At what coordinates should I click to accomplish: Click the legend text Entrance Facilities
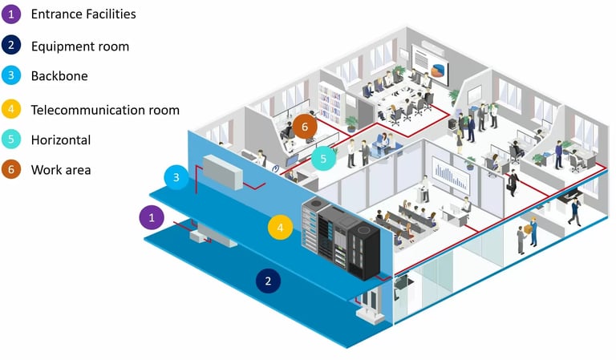[x=83, y=14]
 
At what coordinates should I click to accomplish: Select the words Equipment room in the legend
[x=80, y=46]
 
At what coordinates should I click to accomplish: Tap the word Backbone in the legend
[x=59, y=76]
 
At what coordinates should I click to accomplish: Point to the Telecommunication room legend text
[x=105, y=109]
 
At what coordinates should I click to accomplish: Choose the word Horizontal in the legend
[x=61, y=140]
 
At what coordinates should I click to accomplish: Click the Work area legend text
[x=61, y=170]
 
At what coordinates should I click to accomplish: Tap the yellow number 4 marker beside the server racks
[x=279, y=228]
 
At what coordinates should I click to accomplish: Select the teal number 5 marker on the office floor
[x=323, y=159]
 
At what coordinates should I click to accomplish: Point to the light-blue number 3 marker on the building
[x=176, y=177]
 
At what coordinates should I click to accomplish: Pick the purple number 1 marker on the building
[x=152, y=216]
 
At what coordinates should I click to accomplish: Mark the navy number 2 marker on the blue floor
[x=268, y=281]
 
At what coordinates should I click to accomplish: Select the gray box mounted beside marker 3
[x=221, y=172]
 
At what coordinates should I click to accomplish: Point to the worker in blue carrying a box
[x=530, y=235]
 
